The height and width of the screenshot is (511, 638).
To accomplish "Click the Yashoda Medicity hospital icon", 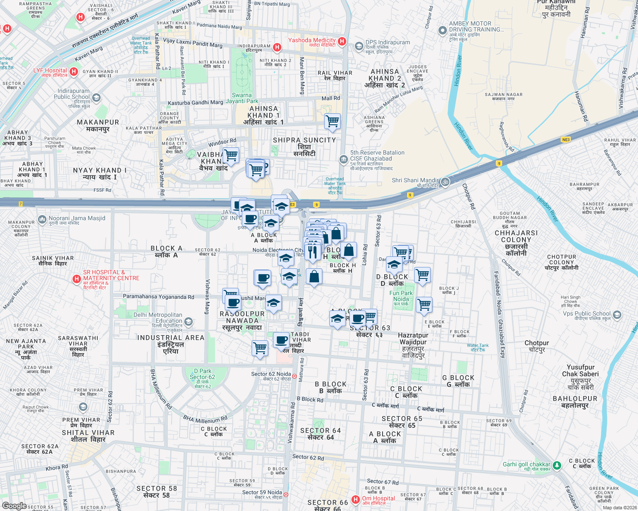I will point(342,41).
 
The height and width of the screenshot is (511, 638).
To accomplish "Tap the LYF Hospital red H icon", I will point(74,72).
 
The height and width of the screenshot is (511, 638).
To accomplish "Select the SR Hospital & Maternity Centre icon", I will point(77,279).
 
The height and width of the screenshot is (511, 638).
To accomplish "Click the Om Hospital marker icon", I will point(355,499).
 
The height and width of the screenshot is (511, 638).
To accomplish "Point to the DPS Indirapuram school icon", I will point(359,46).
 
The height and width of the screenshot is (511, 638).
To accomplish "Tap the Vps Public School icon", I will point(617,315).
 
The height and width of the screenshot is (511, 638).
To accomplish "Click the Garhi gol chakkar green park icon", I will point(557,465).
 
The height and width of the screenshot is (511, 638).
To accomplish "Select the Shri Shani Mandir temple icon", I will point(445,182).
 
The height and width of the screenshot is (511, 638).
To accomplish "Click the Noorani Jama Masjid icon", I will point(42,220).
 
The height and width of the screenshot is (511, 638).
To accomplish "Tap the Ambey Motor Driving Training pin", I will point(442,31).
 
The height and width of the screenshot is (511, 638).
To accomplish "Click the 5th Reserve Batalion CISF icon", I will point(343,160).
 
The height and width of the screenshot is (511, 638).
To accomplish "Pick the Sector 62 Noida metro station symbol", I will point(295,376).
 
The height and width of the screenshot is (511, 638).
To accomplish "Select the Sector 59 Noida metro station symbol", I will point(286,494).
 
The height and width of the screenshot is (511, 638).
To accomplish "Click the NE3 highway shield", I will point(565,140).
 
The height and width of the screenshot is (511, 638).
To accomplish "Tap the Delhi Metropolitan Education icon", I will point(188,322).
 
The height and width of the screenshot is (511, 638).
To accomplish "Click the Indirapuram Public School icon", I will point(96,98).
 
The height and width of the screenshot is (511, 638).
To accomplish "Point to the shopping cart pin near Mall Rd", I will point(332,121).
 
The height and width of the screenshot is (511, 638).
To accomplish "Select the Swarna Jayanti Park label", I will point(242,98).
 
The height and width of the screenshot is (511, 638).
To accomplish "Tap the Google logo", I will point(14,505).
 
